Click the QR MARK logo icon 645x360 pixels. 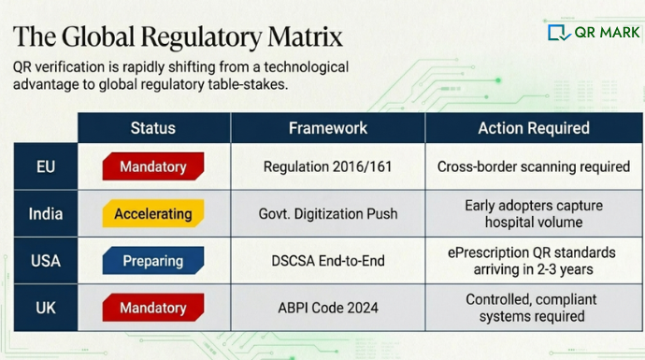coord(559,33)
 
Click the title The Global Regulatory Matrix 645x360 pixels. coord(178,36)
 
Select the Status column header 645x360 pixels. coord(152,128)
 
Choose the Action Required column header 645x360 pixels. coord(533,128)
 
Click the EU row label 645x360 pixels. coord(45,166)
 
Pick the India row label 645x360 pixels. coord(45,213)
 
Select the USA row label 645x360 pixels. coord(45,261)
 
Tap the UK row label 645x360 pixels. coord(45,308)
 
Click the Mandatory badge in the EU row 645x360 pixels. coord(152,167)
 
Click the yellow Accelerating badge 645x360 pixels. coord(152,214)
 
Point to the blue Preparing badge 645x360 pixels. coord(152,261)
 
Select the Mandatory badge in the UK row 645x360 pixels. coord(152,308)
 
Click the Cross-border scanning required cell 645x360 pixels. coord(533,167)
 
